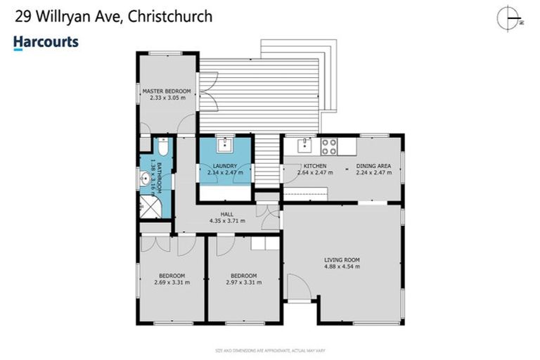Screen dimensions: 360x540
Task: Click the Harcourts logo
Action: (46, 43)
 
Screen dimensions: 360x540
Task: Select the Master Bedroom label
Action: (167, 91)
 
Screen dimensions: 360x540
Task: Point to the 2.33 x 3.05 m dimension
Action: (167, 99)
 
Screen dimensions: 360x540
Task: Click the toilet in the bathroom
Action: (162, 150)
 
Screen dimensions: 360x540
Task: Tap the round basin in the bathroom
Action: (146, 179)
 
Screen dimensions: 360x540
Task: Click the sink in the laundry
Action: (224, 146)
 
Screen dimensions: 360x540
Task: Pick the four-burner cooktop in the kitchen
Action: (329, 146)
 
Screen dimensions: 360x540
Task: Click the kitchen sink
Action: (304, 146)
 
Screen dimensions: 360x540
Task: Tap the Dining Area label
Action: (373, 166)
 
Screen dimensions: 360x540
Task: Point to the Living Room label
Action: (341, 260)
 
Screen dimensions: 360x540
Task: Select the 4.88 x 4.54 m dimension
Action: (341, 267)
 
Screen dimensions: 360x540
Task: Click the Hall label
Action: (226, 214)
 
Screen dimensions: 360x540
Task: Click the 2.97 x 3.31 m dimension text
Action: (243, 283)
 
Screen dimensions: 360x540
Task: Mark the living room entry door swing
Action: (298, 287)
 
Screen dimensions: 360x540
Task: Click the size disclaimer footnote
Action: (269, 349)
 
